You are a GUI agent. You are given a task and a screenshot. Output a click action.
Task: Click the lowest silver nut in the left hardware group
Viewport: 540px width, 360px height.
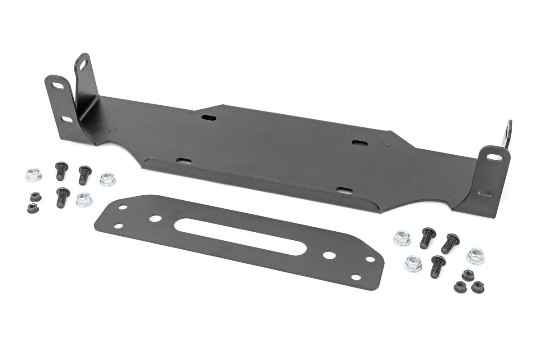(x=84, y=198)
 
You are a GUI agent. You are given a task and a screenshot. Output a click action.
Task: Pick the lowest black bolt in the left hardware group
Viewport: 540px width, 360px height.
(x=63, y=197)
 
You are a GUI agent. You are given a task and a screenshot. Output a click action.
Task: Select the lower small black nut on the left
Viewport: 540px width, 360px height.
(x=31, y=207)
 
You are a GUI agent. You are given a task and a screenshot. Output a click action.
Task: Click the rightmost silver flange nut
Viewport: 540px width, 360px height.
(x=475, y=256)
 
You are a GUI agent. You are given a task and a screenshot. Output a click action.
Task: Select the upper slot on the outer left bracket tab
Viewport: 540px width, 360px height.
(x=57, y=85)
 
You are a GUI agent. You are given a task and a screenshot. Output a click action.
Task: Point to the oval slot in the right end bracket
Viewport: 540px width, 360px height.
(x=494, y=157)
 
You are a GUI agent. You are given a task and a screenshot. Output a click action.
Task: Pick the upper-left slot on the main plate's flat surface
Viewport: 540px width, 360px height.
(x=207, y=117)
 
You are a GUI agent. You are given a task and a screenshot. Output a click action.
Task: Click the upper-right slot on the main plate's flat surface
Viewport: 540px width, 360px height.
(x=360, y=142)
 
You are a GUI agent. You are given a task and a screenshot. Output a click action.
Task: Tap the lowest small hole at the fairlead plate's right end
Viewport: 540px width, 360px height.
(x=357, y=278)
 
